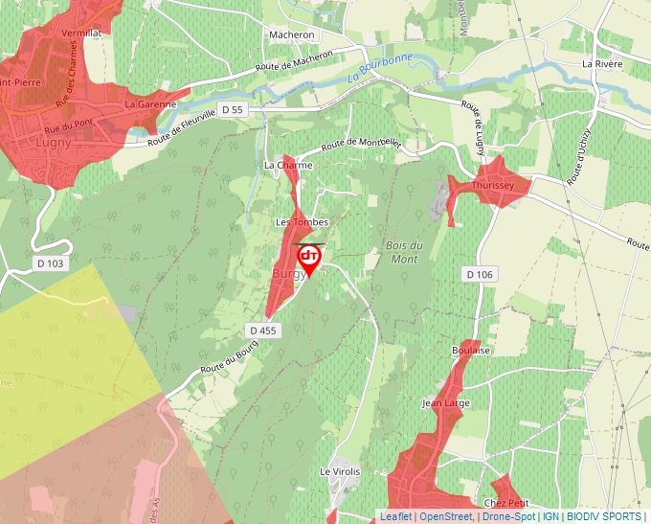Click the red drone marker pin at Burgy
[x=309, y=259]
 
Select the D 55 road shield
[x=233, y=110]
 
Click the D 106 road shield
[x=480, y=275]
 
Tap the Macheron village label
[x=292, y=34]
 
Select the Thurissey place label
[x=494, y=185]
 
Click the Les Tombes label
[x=302, y=222]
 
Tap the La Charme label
[x=288, y=165]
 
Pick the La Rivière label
[x=602, y=64]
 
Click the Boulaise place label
[x=471, y=351]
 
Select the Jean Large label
[x=446, y=403]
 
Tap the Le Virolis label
[x=340, y=472]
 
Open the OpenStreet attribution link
[x=446, y=516]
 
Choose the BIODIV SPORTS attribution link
[x=604, y=516]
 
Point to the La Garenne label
[x=150, y=103]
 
